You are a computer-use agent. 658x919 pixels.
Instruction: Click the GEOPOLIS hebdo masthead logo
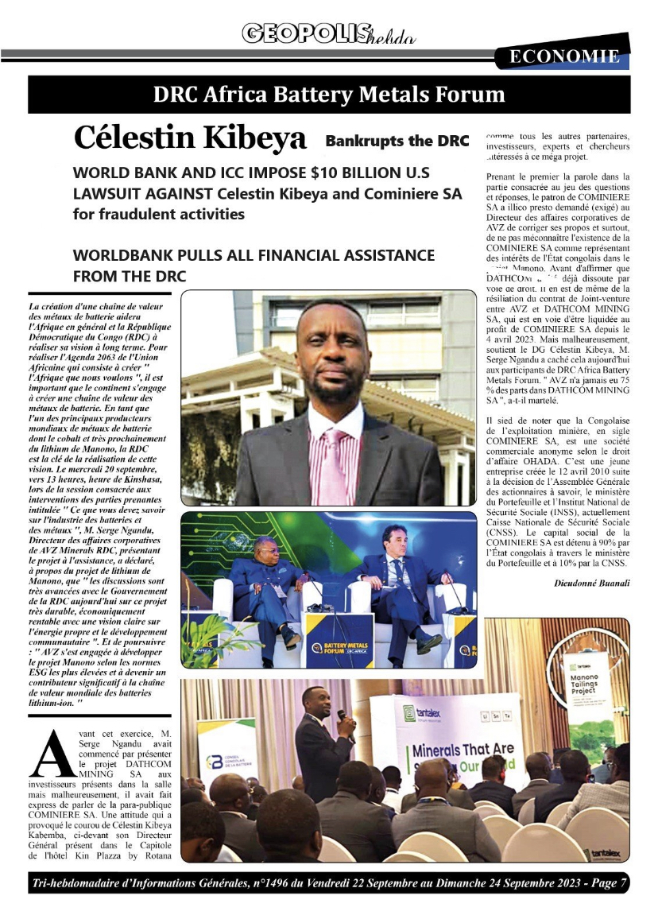pyautogui.click(x=328, y=33)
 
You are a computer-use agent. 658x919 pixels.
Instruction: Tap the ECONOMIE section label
pyautogui.click(x=563, y=56)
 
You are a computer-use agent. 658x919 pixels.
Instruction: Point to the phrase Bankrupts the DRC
pyautogui.click(x=397, y=142)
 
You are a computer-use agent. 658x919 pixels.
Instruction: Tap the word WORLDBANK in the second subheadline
pyautogui.click(x=126, y=256)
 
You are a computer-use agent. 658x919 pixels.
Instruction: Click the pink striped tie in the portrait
pyautogui.click(x=332, y=460)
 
